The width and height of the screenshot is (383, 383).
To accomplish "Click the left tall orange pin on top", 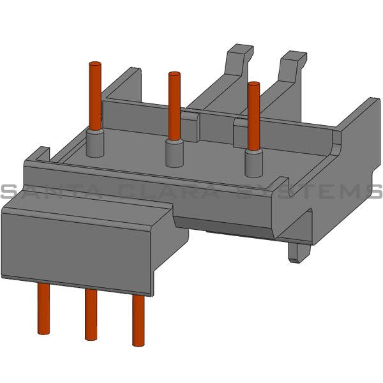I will click(x=96, y=96).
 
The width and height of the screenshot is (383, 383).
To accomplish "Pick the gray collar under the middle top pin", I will click(x=174, y=152).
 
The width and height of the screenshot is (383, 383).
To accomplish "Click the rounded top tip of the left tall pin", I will click(x=96, y=64).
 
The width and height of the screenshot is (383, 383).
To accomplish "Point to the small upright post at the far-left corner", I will click(x=39, y=155).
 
